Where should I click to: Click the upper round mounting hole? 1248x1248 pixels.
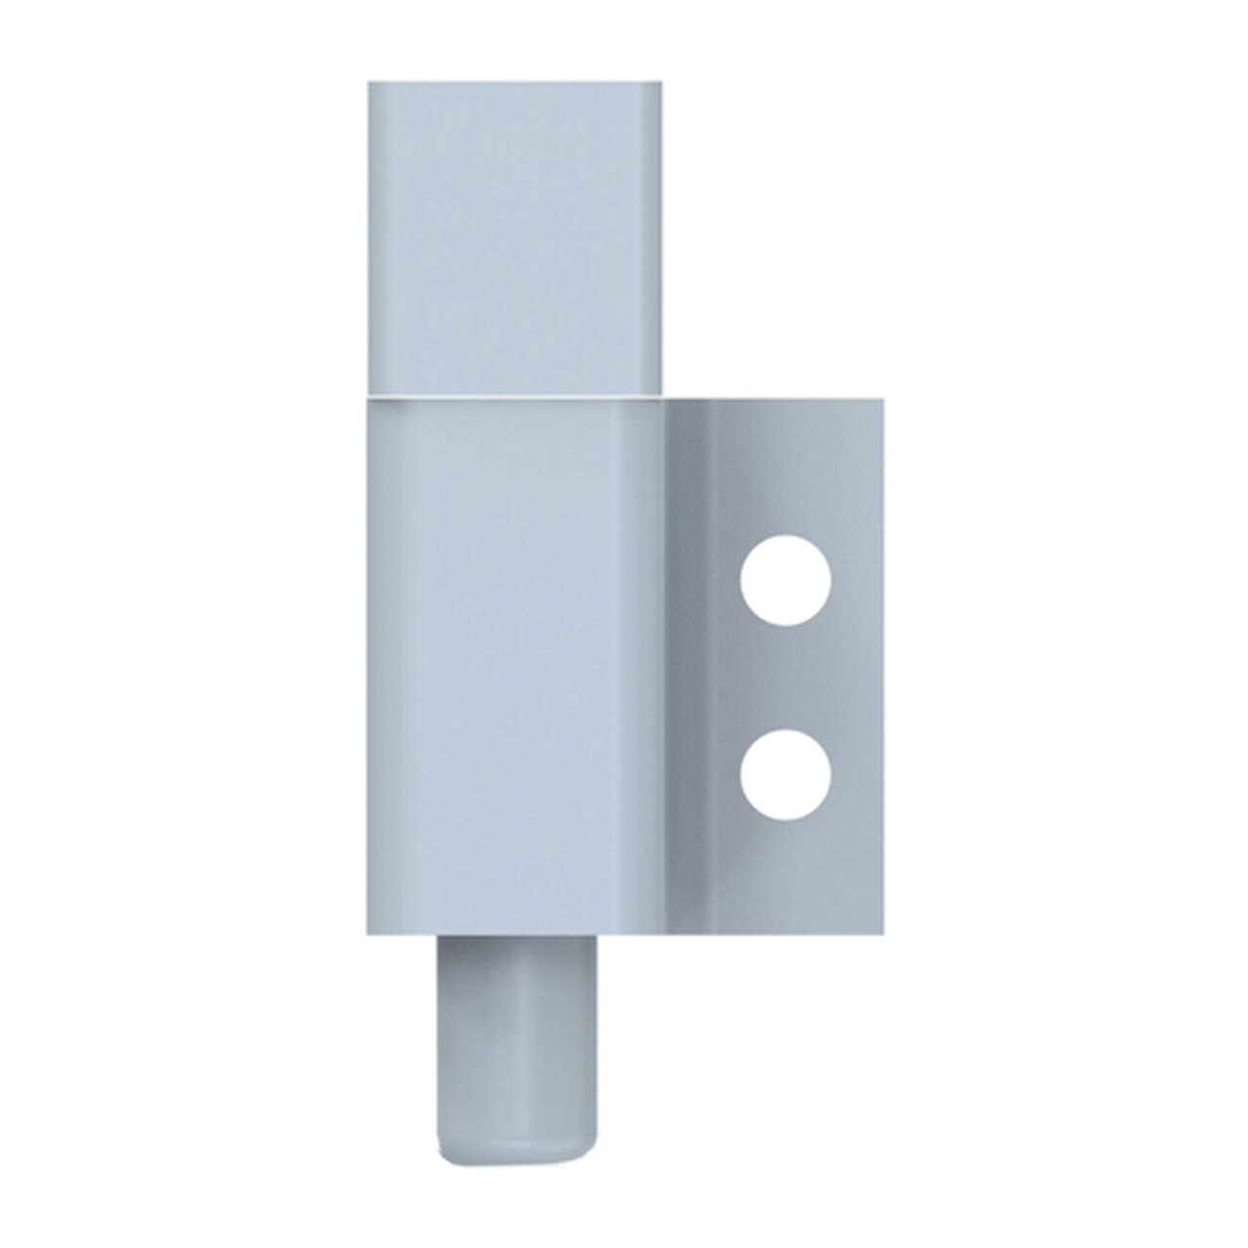(786, 580)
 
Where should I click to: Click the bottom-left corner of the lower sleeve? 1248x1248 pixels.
(370, 933)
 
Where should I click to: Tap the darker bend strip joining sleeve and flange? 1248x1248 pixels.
(687, 663)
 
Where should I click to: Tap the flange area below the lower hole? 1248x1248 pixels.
(786, 873)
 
